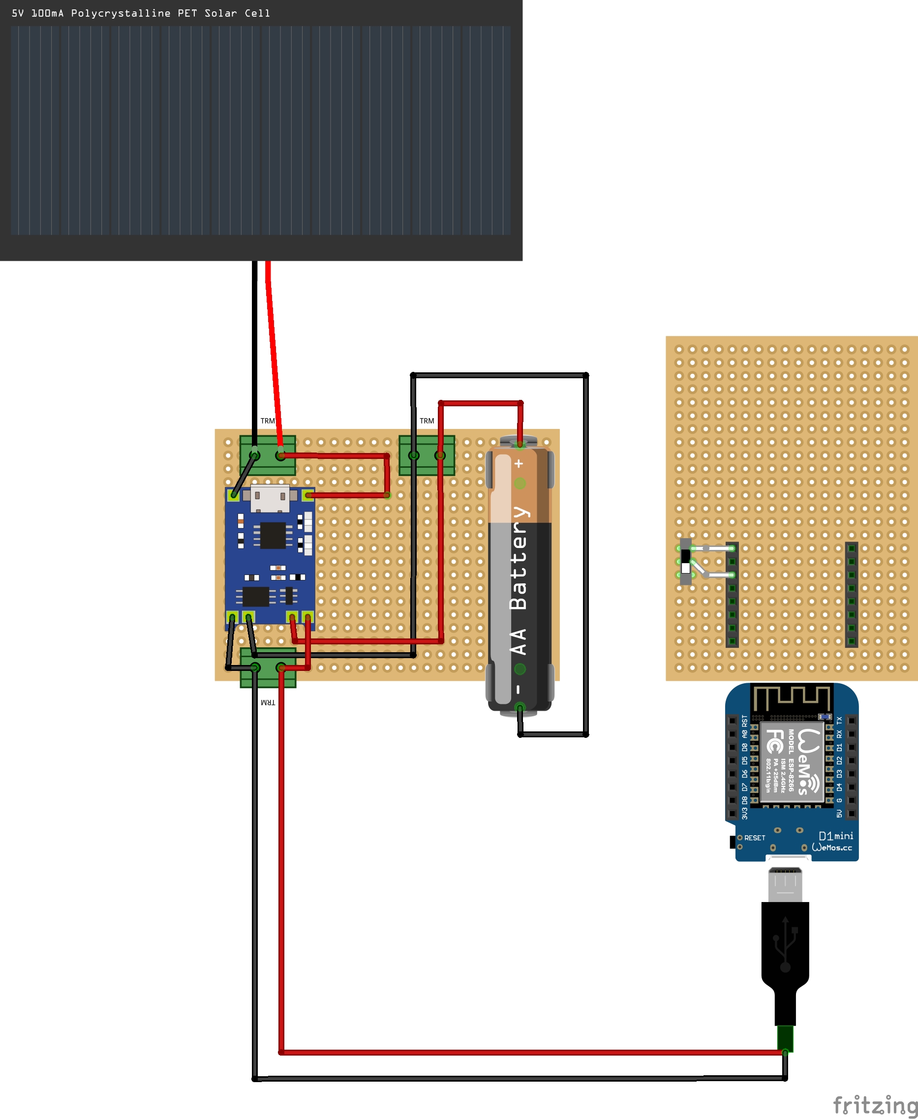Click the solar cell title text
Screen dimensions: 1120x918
point(141,13)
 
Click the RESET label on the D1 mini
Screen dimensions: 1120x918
point(755,838)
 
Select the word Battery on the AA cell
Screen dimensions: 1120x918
point(518,558)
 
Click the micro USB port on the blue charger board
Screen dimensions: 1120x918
point(270,498)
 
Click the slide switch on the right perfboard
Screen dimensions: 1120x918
point(686,561)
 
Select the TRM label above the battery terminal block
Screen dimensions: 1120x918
point(427,421)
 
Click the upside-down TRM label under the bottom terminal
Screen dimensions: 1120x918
point(268,703)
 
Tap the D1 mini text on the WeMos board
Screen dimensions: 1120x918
point(835,836)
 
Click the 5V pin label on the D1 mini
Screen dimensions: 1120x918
point(839,813)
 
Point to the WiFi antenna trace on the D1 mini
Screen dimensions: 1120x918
point(792,698)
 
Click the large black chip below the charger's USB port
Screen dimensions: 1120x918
point(273,535)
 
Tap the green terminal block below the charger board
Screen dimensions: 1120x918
point(268,668)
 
